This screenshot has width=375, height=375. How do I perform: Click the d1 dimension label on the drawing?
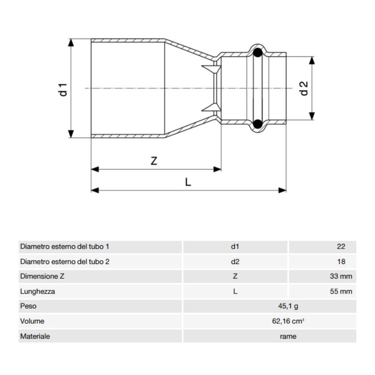pyautogui.click(x=64, y=89)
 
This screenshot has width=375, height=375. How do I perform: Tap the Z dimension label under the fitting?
pyautogui.click(x=154, y=161)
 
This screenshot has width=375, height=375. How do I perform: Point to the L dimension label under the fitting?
pyautogui.click(x=188, y=182)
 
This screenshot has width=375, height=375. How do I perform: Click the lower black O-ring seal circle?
pyautogui.click(x=258, y=124)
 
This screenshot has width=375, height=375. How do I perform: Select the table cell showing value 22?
pyautogui.click(x=341, y=247)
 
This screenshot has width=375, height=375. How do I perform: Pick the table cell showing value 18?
pyautogui.click(x=341, y=262)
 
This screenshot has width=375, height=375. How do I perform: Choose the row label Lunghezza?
pyautogui.click(x=37, y=292)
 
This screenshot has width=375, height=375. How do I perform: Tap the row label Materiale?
pyautogui.click(x=35, y=336)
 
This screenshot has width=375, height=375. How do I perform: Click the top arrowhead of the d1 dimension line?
pyautogui.click(x=70, y=42)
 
